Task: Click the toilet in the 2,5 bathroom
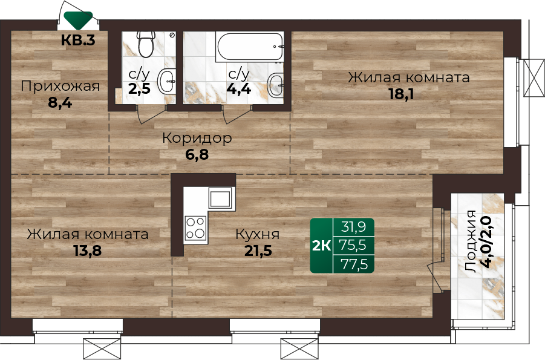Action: pyautogui.click(x=146, y=45)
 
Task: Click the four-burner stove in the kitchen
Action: pyautogui.click(x=195, y=228)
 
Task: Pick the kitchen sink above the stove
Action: pyautogui.click(x=220, y=198)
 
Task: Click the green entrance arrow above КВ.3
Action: pyautogui.click(x=79, y=20)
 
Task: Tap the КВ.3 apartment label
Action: pyautogui.click(x=78, y=41)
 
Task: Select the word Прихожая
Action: pyautogui.click(x=60, y=86)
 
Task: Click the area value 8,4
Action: pyautogui.click(x=60, y=103)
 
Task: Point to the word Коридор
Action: pyautogui.click(x=197, y=139)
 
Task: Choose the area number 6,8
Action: pyautogui.click(x=197, y=154)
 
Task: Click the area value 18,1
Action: pyautogui.click(x=401, y=94)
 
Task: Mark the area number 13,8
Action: pyautogui.click(x=88, y=250)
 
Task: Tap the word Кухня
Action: pyautogui.click(x=257, y=234)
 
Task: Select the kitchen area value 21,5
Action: pyautogui.click(x=258, y=250)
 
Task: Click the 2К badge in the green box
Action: pyautogui.click(x=322, y=246)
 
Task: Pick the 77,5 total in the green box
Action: pyautogui.click(x=354, y=264)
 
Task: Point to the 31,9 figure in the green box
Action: pyautogui.click(x=353, y=227)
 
